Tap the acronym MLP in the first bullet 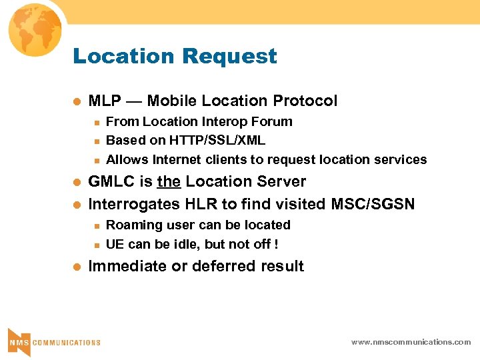tap(105, 101)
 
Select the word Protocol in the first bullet tap(305, 101)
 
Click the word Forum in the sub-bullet tap(275, 121)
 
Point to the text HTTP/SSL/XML tap(217, 140)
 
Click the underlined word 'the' tap(169, 181)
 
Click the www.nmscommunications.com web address tap(411, 341)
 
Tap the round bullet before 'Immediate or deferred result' tap(77, 267)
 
